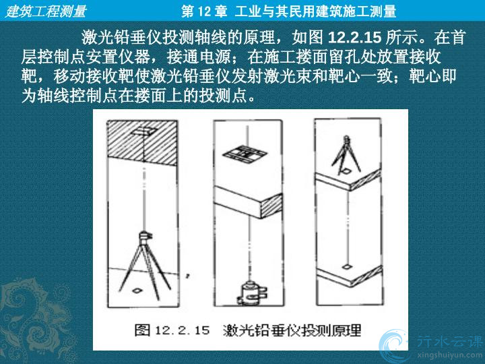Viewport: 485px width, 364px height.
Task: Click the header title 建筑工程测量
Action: tap(46, 11)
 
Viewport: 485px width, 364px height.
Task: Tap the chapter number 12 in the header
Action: tap(203, 11)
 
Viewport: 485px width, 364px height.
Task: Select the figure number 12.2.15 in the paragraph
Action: tap(354, 38)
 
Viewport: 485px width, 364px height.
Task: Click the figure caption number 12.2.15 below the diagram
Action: tap(182, 330)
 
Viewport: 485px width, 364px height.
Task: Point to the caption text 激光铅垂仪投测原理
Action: tap(292, 330)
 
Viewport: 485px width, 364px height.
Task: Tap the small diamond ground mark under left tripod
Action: tap(136, 291)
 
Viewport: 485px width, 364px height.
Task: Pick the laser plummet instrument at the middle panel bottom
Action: tap(251, 292)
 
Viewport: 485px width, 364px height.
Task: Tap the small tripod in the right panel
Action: tap(346, 154)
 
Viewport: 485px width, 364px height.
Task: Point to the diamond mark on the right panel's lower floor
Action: tap(347, 266)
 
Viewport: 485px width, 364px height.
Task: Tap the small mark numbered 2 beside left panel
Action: tap(187, 276)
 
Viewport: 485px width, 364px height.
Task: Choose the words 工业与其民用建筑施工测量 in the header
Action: tap(315, 11)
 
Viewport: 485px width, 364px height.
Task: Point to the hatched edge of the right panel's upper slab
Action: tap(365, 180)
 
